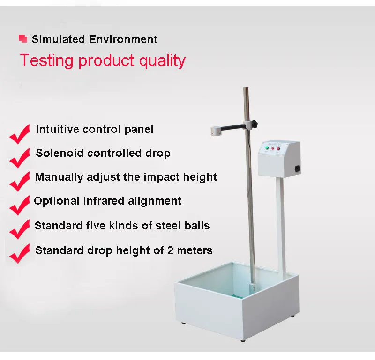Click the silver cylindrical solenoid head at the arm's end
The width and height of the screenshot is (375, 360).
pyautogui.click(x=217, y=131)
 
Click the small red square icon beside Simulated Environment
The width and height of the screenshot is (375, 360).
pyautogui.click(x=22, y=39)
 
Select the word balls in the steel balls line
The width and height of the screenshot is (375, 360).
pyautogui.click(x=195, y=226)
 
